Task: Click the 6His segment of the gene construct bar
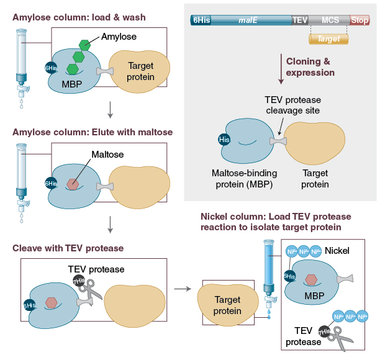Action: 202,20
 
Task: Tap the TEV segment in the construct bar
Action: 300,20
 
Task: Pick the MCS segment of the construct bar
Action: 330,20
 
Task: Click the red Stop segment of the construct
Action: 360,20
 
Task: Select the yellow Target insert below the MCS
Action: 328,38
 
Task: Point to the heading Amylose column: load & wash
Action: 79,17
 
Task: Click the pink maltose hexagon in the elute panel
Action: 73,184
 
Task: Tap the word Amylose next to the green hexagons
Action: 119,37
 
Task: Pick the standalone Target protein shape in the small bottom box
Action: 227,305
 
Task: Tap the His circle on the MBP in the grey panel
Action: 225,140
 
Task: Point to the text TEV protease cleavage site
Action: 292,105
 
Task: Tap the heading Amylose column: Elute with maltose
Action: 93,132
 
